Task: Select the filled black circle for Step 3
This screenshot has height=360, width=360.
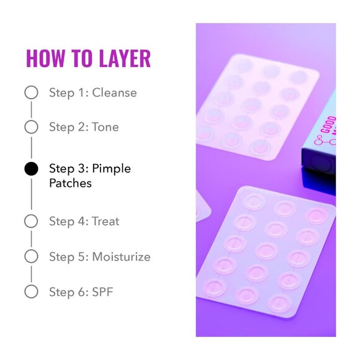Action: pos(31,169)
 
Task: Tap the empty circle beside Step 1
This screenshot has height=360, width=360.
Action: pos(31,93)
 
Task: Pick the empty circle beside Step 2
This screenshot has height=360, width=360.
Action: pos(31,127)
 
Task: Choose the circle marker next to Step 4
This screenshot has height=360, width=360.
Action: pos(31,221)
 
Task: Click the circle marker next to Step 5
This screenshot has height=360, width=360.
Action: pos(31,256)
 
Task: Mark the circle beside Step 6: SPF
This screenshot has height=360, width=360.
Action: pos(31,291)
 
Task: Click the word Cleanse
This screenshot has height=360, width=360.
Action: pos(114,93)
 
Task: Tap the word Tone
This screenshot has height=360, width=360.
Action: pos(106,127)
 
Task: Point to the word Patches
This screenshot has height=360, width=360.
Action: pos(70,184)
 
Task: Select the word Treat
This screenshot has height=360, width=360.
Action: pos(106,221)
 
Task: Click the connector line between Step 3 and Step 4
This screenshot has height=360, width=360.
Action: pos(31,195)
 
